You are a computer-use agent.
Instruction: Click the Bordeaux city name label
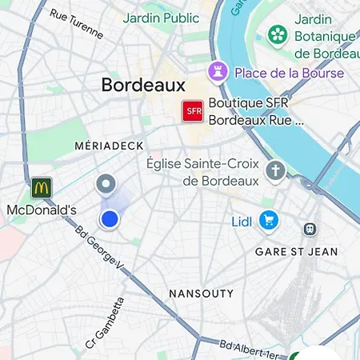[x=143, y=85]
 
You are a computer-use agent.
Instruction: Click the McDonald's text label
[x=42, y=210]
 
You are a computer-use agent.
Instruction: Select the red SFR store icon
[x=193, y=111]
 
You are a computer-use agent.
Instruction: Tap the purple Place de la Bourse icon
[x=218, y=72]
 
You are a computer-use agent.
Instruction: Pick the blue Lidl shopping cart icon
[x=268, y=219]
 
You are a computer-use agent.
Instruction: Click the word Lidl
[x=242, y=220]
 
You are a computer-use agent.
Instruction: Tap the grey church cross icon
[x=276, y=170]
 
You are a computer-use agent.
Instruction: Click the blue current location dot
[x=110, y=218]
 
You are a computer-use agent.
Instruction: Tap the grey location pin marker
[x=105, y=186]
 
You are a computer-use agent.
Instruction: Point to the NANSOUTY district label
[x=201, y=294]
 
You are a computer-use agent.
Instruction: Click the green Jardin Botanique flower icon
[x=277, y=34]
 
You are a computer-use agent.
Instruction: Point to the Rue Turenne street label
[x=77, y=24]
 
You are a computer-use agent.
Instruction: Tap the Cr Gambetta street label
[x=105, y=324]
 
